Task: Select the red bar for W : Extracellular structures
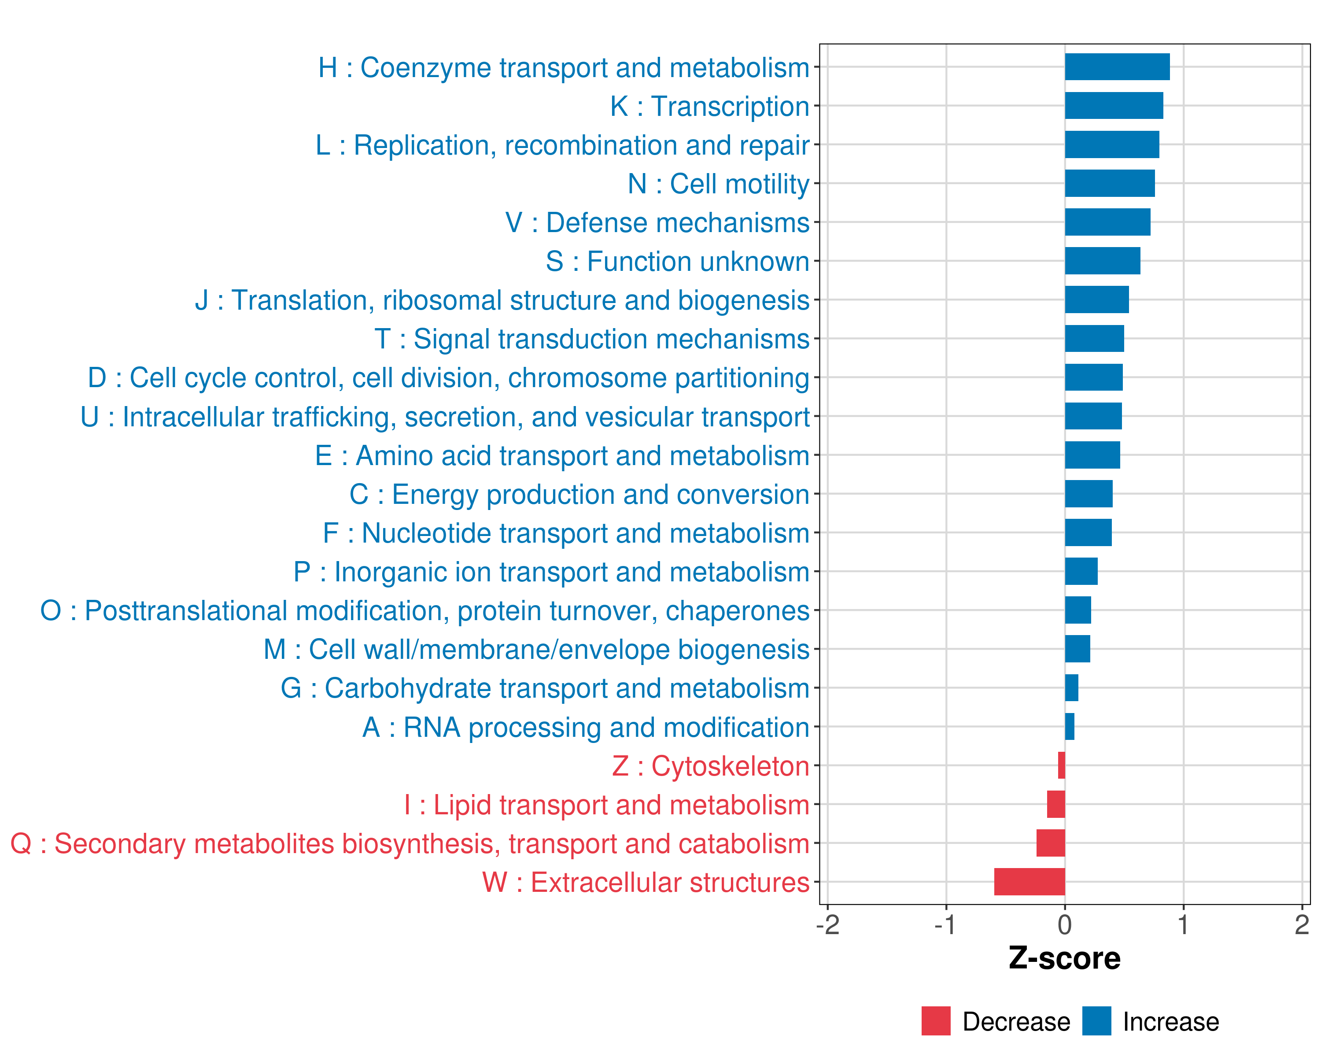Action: pyautogui.click(x=1029, y=882)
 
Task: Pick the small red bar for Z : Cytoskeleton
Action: pyautogui.click(x=1061, y=765)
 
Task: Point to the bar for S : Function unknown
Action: pyautogui.click(x=1102, y=261)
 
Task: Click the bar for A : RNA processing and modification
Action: pyautogui.click(x=1069, y=727)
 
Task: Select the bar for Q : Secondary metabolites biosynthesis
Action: pyautogui.click(x=1050, y=843)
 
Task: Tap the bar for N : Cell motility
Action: pyautogui.click(x=1109, y=183)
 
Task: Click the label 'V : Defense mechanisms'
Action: pyautogui.click(x=657, y=222)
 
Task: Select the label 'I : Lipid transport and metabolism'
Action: pyautogui.click(x=607, y=805)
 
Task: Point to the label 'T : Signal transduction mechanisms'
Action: pyautogui.click(x=592, y=339)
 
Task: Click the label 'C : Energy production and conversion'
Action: pyautogui.click(x=579, y=495)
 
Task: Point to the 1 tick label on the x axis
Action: pyautogui.click(x=1183, y=924)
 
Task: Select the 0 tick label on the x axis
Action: pyautogui.click(x=1065, y=924)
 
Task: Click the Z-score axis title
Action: pyautogui.click(x=1064, y=958)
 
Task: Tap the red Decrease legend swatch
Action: pyautogui.click(x=936, y=1021)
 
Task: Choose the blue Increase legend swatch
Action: pyautogui.click(x=1096, y=1021)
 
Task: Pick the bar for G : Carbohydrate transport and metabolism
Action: pyautogui.click(x=1071, y=688)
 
